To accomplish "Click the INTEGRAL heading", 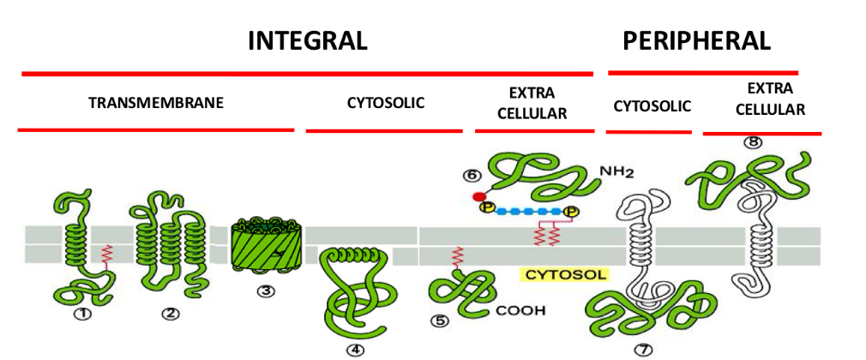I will point(308,40).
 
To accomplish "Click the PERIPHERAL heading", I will point(696,40).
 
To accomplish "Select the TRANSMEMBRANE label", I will point(156,104).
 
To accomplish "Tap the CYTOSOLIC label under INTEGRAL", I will point(386,104).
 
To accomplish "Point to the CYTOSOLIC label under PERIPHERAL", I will point(653,106).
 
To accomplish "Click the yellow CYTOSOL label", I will point(565,275).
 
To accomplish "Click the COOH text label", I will point(520,310).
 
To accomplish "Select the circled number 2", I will point(171,314).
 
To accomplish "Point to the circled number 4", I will point(354,349).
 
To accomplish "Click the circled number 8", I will point(754,143).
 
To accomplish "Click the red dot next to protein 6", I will point(478,197).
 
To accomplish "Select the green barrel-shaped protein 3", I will point(266,248).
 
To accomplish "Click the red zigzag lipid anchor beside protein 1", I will point(106,255).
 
